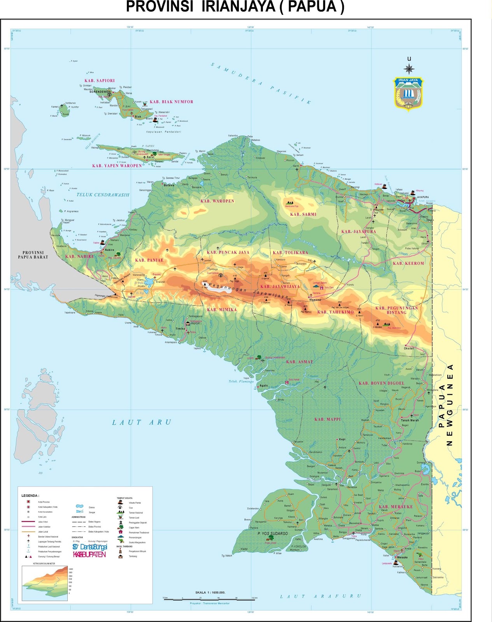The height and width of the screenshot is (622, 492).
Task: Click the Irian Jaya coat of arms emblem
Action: click(x=408, y=94)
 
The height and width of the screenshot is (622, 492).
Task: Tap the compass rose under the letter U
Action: click(x=409, y=69)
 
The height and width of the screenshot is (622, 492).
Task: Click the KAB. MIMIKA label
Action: click(x=222, y=309)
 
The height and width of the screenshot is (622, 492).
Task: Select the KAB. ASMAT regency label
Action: click(x=299, y=362)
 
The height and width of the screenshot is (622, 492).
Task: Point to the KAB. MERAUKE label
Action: click(x=396, y=507)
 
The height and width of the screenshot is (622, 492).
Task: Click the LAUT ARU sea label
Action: click(x=142, y=422)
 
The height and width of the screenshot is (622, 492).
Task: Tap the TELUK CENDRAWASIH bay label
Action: click(x=103, y=195)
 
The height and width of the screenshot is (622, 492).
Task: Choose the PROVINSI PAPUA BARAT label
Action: click(x=33, y=255)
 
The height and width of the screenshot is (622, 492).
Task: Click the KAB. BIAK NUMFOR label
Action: click(x=172, y=102)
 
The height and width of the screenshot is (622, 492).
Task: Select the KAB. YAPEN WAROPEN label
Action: click(x=117, y=166)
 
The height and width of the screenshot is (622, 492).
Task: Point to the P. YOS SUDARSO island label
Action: click(x=273, y=533)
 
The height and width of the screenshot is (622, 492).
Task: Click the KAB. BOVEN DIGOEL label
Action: click(x=382, y=383)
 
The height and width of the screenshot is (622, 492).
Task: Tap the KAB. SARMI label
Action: click(x=303, y=214)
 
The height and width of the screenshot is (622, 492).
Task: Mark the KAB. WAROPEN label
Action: click(x=217, y=201)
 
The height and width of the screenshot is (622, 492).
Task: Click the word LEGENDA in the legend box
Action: click(x=30, y=496)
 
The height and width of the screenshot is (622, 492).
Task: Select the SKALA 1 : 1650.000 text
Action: click(x=210, y=592)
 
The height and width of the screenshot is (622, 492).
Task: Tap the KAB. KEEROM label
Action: click(x=408, y=263)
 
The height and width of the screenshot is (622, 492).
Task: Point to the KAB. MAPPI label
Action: click(x=327, y=419)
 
